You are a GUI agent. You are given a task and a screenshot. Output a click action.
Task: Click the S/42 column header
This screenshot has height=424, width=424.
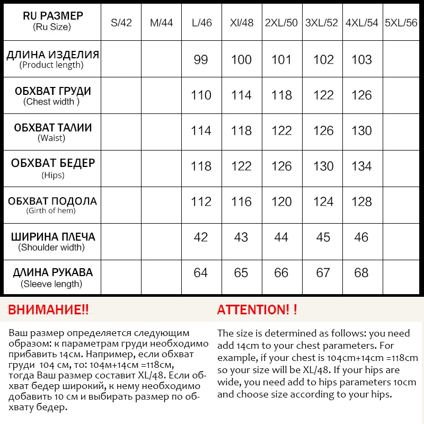(x=121, y=23)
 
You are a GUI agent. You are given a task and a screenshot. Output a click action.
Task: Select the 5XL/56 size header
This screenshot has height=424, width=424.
(x=403, y=23)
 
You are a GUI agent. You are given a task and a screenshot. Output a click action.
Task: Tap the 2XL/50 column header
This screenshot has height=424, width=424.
(x=281, y=23)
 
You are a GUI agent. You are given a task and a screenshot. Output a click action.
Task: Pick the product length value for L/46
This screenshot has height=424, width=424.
(x=201, y=59)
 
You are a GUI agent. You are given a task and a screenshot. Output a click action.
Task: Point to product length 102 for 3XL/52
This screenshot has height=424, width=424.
(x=323, y=59)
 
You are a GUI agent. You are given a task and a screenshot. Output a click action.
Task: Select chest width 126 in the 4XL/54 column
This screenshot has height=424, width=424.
(x=362, y=95)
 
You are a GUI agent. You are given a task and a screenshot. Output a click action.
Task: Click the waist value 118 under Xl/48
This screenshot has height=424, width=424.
(x=241, y=131)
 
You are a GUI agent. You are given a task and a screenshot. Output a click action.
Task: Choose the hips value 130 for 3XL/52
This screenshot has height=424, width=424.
(x=323, y=166)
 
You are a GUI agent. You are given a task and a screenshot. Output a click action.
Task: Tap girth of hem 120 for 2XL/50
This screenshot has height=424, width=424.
(x=281, y=202)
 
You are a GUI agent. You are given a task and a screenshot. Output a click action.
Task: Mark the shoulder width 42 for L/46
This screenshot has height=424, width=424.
(x=201, y=237)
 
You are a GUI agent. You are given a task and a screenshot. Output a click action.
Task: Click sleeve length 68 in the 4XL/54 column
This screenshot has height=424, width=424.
(x=362, y=273)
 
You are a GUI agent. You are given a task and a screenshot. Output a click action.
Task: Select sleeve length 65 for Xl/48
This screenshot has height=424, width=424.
(x=241, y=273)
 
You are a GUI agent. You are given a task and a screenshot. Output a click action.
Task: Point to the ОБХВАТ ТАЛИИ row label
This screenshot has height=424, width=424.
(x=52, y=128)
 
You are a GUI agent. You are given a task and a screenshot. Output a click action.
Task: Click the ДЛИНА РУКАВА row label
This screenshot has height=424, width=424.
(x=52, y=272)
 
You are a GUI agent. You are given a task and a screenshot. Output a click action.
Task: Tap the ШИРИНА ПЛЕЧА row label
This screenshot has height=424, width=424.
(x=52, y=236)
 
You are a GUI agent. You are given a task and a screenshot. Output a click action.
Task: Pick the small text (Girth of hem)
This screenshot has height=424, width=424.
(x=51, y=211)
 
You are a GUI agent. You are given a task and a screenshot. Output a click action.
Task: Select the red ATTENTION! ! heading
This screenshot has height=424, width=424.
(x=257, y=310)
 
